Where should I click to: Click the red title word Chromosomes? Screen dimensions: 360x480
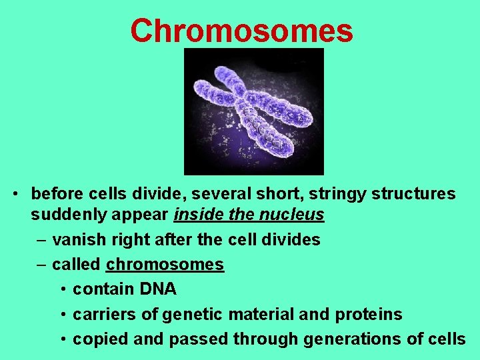click(241, 30)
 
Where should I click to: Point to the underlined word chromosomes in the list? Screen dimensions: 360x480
click(165, 265)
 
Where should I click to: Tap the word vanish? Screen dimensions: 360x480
click(75, 239)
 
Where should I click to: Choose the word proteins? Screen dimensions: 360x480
click(370, 314)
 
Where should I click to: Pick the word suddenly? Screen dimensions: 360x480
click(65, 215)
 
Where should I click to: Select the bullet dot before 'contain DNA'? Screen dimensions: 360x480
click(62, 290)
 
